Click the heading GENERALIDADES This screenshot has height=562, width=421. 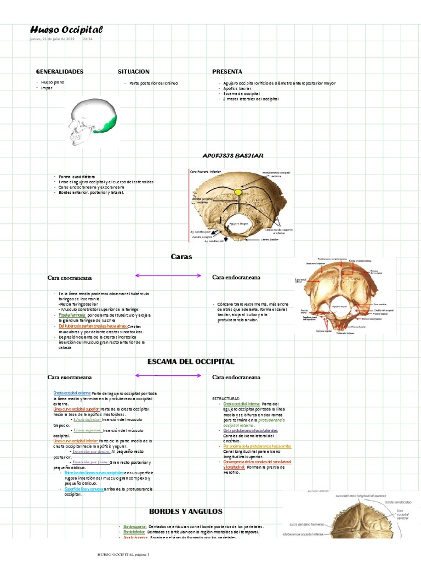[x=59, y=72]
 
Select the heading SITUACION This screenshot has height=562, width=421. [x=133, y=72]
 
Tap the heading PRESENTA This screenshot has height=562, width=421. [x=227, y=72]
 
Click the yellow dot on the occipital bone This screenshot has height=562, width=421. [x=237, y=192]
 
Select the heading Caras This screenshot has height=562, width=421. [x=181, y=256]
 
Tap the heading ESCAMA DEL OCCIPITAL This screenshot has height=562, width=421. [x=191, y=361]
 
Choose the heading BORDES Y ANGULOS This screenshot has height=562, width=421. [x=185, y=511]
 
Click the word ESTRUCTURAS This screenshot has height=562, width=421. [x=226, y=398]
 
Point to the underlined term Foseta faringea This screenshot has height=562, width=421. [x=72, y=316]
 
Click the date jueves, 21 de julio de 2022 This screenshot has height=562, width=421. [x=52, y=40]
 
